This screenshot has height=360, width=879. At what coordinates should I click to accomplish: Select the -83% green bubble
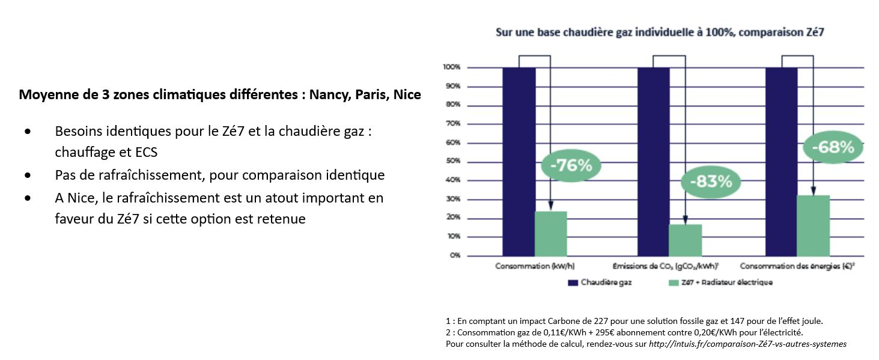711,182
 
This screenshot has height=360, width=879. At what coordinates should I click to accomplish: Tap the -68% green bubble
833,147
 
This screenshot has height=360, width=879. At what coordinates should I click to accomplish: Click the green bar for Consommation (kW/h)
551,233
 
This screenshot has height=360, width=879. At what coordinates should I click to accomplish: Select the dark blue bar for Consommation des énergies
781,161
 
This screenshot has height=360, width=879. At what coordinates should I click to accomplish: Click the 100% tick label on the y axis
452,67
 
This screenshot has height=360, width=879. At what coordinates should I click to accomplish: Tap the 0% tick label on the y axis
455,255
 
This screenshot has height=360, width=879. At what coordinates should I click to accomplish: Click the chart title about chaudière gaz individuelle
659,34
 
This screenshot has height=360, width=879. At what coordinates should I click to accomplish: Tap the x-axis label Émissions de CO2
665,266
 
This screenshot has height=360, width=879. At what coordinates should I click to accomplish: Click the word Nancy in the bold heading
328,95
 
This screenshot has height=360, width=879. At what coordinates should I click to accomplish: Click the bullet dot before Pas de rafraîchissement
28,175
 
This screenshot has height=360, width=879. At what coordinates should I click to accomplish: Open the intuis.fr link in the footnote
747,344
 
